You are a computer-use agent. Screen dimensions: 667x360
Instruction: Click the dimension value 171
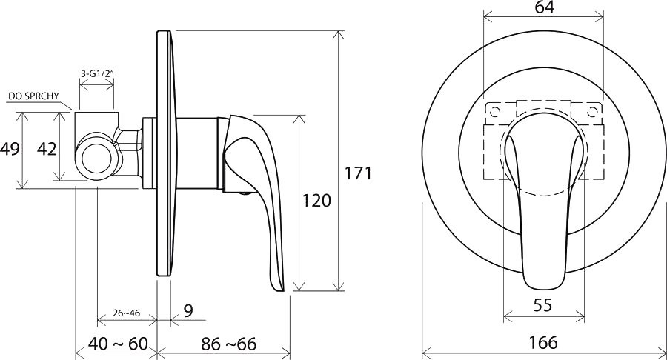coord(358,173)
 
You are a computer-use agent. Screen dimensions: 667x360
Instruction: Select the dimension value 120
coord(316,200)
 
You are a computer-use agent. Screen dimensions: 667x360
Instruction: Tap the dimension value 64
coord(545,7)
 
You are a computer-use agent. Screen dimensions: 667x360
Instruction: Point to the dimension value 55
coord(542,304)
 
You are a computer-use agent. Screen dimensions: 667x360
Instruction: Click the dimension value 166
coord(544,342)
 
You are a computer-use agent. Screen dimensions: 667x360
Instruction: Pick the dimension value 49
coord(10,149)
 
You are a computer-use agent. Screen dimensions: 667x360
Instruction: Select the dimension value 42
coord(47,149)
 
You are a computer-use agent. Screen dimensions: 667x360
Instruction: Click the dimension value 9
coord(188,310)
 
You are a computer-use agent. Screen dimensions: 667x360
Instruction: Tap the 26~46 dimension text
coord(126,313)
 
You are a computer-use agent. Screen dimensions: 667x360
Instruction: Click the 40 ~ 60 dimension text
coord(118,344)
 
